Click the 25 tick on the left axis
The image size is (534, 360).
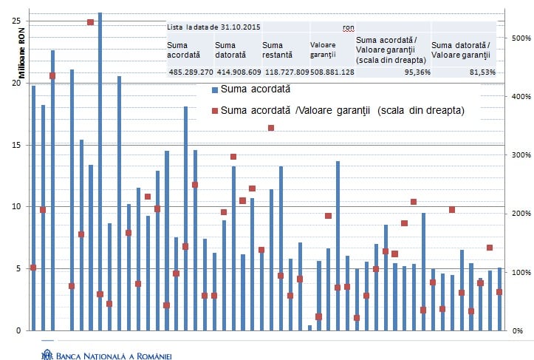[x=16, y=21]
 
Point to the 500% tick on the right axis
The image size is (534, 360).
[x=523, y=38]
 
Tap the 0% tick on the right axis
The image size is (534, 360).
[x=518, y=330]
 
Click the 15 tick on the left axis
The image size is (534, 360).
[x=16, y=145]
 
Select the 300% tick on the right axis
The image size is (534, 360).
[x=523, y=154]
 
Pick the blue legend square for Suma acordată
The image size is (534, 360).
[x=215, y=89]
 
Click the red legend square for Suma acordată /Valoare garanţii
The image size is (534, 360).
[x=215, y=111]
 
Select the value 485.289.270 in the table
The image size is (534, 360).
[x=191, y=72]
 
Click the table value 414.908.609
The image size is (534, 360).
[x=238, y=72]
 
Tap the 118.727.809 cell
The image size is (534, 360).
[x=285, y=72]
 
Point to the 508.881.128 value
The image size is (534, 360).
[x=332, y=72]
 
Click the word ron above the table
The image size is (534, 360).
[x=349, y=27]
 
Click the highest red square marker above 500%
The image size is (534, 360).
[x=90, y=22]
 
